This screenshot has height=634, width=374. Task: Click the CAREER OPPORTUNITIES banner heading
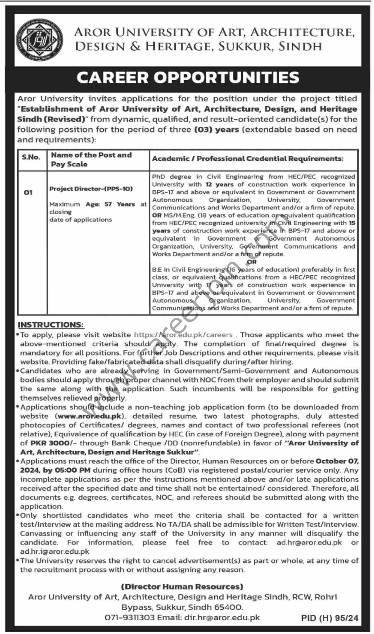(x=187, y=77)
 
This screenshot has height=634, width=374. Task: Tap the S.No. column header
(x=31, y=157)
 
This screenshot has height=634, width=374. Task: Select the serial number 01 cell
(x=28, y=192)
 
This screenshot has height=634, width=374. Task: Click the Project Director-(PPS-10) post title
(x=91, y=189)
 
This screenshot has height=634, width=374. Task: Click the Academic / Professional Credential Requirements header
(x=248, y=158)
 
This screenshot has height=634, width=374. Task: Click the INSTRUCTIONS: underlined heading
(x=50, y=325)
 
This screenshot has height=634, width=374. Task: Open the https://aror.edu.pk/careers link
(x=183, y=335)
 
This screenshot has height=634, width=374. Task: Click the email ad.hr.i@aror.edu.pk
(x=55, y=551)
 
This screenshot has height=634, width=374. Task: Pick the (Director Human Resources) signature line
(x=182, y=587)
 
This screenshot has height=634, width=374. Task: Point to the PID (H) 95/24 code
(x=330, y=618)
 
